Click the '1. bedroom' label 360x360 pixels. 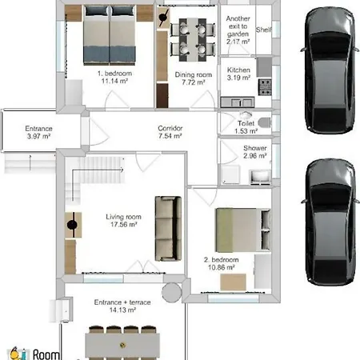[114, 74]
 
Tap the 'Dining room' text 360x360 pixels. [194, 74]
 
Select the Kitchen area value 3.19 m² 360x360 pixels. [238, 78]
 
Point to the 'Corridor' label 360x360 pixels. [170, 128]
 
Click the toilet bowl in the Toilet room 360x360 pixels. [264, 122]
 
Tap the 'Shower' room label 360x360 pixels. [255, 148]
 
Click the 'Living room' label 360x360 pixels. [123, 217]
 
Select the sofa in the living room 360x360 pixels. [168, 229]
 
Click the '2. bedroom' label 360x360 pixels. [222, 260]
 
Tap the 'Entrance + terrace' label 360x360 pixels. [122, 302]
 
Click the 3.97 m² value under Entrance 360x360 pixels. [38, 136]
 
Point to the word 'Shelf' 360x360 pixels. [264, 30]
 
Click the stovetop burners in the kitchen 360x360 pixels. [265, 87]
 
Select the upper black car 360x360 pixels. [330, 70]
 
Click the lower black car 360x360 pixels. [330, 222]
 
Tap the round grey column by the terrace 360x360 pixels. [172, 293]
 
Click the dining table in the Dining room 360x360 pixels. [193, 40]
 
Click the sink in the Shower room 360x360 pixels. [260, 177]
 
